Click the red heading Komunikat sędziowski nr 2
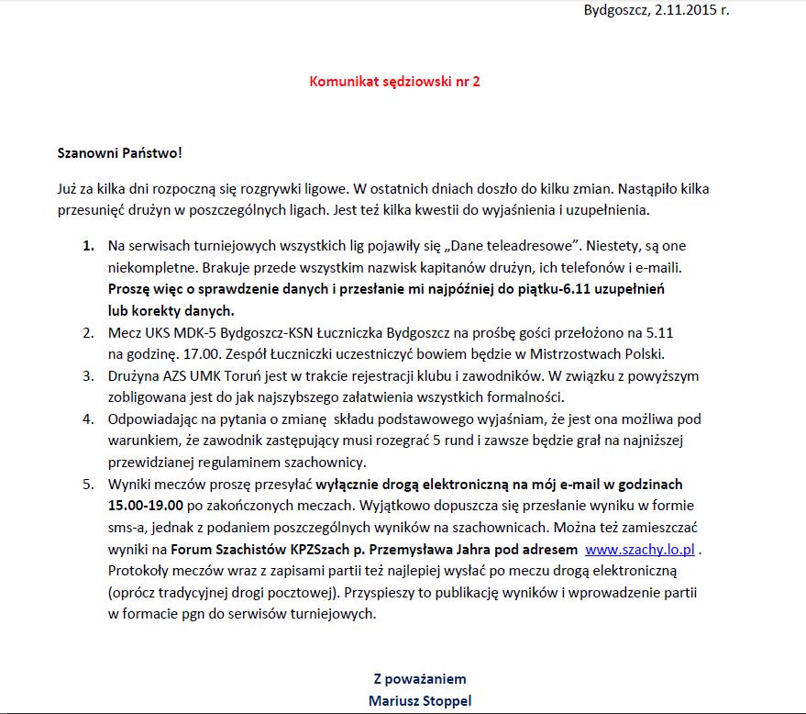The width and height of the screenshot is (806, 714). tap(394, 81)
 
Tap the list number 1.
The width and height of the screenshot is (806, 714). tap(88, 246)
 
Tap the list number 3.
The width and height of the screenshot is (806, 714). tap(88, 375)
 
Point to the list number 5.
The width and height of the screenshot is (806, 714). tap(88, 484)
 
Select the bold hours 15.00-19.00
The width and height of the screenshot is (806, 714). tap(146, 505)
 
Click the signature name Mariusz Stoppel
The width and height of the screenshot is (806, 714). tap(420, 701)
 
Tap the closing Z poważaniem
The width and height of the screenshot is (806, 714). tap(420, 679)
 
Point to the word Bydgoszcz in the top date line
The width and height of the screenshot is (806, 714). tap(614, 10)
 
